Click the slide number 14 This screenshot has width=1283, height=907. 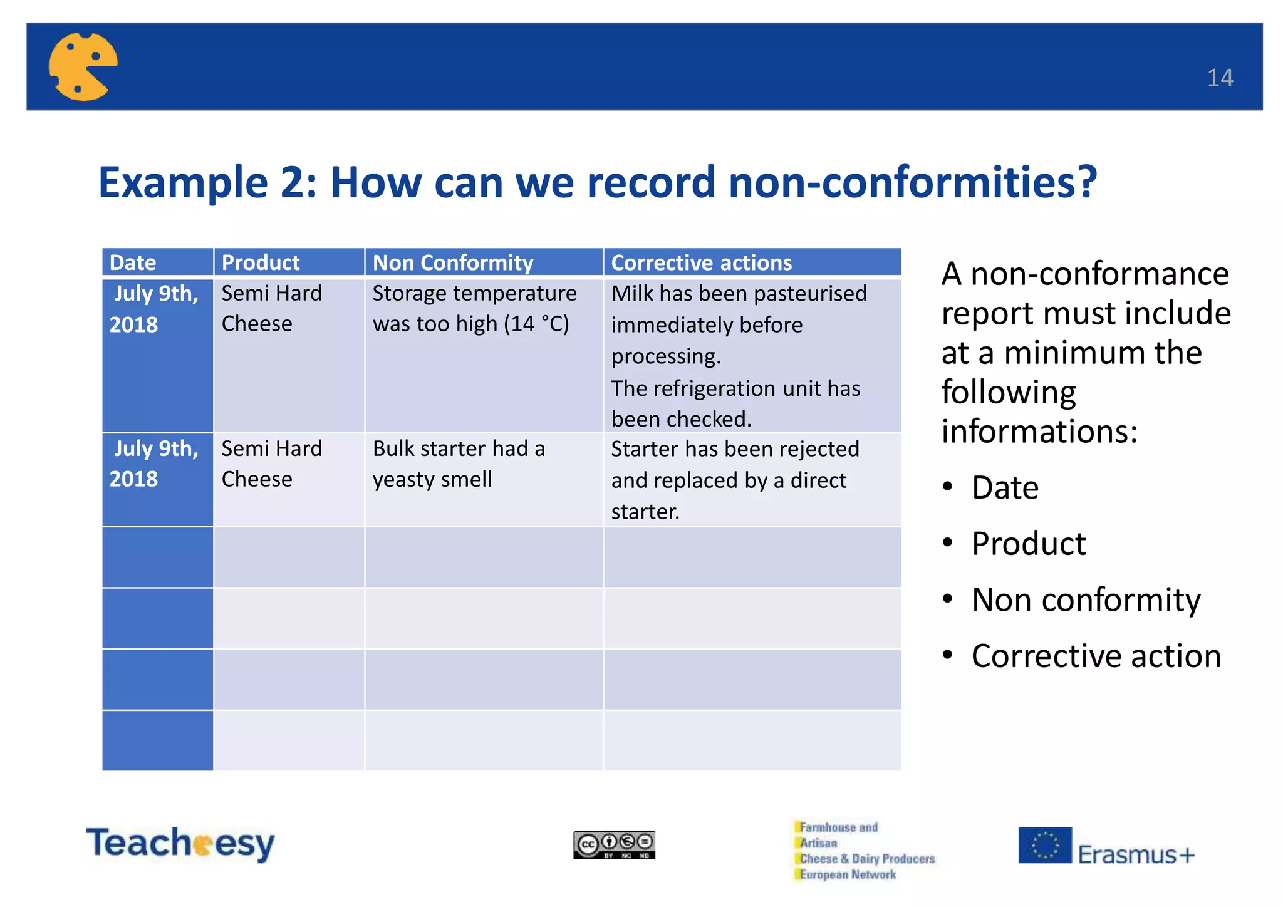(1219, 78)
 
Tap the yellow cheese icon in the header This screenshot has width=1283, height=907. (83, 66)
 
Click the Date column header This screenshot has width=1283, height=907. (133, 262)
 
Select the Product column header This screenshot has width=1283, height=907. (261, 262)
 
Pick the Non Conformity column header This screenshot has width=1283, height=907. (453, 262)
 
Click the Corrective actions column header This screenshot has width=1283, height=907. (701, 262)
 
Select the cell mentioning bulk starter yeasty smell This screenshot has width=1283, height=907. (459, 464)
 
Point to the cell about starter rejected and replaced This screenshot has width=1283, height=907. (735, 480)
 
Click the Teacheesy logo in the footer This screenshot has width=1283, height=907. (180, 843)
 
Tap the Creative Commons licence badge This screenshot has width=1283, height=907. (614, 845)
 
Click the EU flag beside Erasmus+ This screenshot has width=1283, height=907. (1044, 845)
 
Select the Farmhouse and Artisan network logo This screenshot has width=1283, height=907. (865, 851)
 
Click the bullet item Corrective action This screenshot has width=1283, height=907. (1096, 656)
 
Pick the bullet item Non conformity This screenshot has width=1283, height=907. (1086, 600)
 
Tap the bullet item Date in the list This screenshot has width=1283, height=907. (1005, 488)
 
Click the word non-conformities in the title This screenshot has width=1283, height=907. (912, 182)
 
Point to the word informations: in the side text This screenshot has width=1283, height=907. (1039, 432)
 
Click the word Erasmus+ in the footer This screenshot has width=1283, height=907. (1136, 854)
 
